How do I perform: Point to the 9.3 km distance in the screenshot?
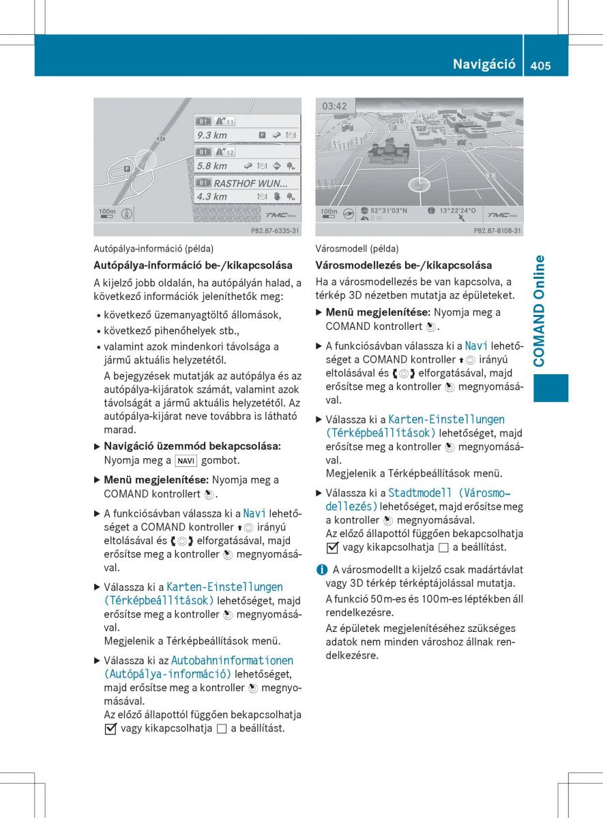point(212,135)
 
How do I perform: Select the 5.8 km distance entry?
point(212,166)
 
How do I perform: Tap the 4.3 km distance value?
point(212,196)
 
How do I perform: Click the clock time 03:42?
point(335,106)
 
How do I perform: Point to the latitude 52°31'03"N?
point(389,211)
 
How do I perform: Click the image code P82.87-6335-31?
point(275,231)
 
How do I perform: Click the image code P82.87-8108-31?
point(497,231)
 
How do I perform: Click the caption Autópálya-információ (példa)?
point(153,249)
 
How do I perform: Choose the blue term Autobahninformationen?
point(233,660)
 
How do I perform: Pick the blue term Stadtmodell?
point(420,493)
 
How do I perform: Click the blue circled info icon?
point(321,569)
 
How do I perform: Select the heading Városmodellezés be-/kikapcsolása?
point(404,264)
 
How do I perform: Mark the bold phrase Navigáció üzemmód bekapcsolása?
point(192,446)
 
